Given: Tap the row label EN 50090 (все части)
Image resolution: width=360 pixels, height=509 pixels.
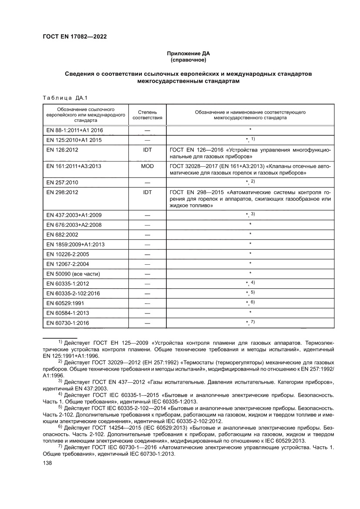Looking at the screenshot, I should (x=73, y=273).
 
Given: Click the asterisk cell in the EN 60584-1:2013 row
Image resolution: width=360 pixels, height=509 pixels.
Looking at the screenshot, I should (x=250, y=313).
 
